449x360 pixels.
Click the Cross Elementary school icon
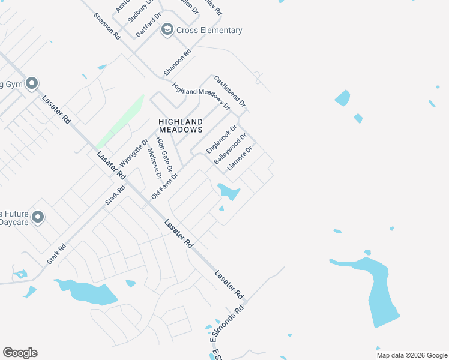167,29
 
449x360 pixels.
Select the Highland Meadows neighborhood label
181,125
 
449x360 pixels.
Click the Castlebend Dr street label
230,91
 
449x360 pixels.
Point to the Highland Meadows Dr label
201,96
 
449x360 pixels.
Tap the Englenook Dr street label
222,139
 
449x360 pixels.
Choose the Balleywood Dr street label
231,149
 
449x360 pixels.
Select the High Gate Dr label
164,155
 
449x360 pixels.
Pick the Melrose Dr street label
155,163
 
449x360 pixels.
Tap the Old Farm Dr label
165,185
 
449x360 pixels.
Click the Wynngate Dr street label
134,154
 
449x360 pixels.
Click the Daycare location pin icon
38,217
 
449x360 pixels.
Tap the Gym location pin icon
32,83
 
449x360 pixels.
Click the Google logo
20,353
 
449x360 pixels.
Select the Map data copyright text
411,355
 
